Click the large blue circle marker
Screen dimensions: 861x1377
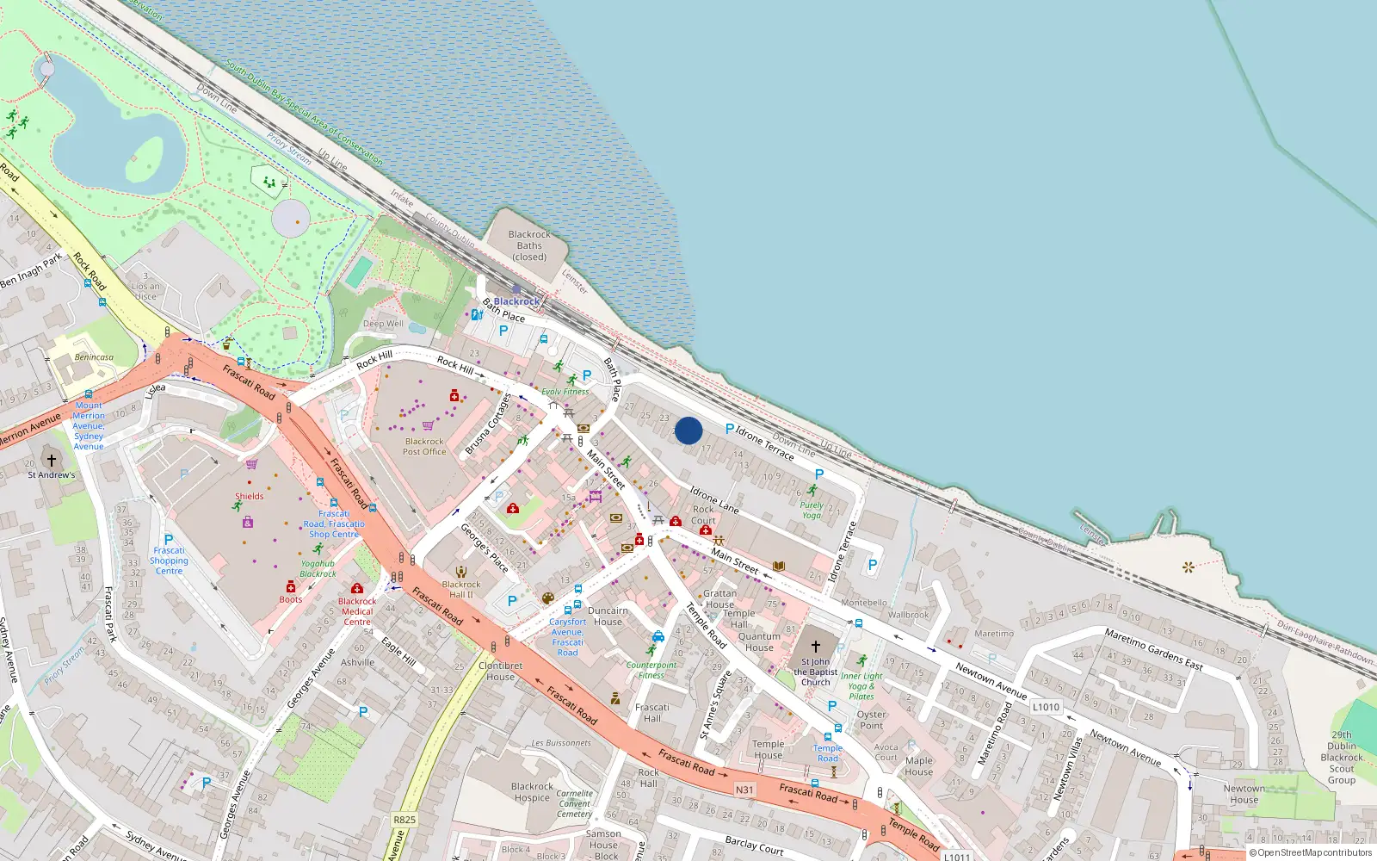(688, 430)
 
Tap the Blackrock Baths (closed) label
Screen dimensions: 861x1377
(529, 245)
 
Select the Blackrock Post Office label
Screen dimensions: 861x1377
(424, 446)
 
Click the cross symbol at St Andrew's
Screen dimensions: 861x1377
(52, 461)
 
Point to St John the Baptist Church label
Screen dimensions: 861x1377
(816, 672)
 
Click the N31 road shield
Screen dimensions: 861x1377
(744, 790)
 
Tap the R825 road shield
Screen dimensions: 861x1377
(404, 820)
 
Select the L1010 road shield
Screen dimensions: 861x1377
(1046, 707)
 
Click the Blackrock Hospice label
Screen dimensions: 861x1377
(532, 791)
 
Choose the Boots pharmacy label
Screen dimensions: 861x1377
(291, 599)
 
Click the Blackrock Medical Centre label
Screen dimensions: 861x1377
(357, 611)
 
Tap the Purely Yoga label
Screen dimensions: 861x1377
(812, 510)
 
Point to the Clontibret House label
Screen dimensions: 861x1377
(500, 671)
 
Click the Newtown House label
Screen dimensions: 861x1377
(1244, 794)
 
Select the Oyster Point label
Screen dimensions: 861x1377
(871, 720)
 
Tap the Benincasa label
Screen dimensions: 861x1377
(94, 357)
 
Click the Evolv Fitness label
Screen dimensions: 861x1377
(565, 392)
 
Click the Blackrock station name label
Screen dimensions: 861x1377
(516, 301)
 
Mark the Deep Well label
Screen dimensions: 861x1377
(383, 324)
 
